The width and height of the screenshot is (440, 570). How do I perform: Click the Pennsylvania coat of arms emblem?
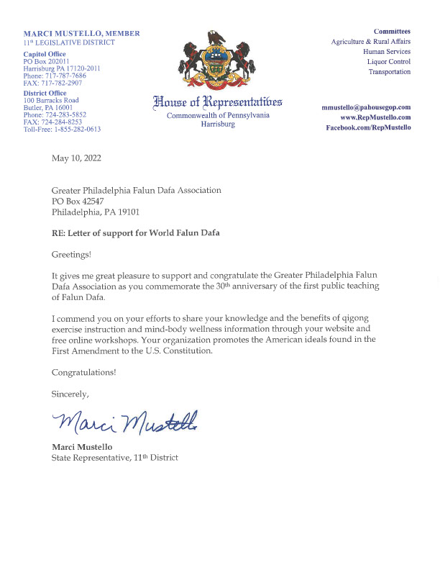[217, 60]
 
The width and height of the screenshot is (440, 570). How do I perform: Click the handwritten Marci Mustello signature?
[124, 424]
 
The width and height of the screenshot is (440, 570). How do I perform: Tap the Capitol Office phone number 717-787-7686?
[55, 76]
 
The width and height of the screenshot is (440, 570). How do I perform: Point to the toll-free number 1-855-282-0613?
[62, 130]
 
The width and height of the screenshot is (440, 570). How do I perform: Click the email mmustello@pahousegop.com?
[366, 107]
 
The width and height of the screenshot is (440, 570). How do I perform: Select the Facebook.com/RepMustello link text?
[368, 127]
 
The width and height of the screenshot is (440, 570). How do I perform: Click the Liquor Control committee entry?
[389, 62]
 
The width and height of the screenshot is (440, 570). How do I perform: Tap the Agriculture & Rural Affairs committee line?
[370, 42]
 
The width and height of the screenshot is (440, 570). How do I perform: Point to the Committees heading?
[392, 32]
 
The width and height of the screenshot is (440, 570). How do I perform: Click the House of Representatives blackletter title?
[217, 101]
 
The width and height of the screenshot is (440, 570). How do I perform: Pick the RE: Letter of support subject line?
[135, 233]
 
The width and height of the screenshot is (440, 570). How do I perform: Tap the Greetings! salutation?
[72, 255]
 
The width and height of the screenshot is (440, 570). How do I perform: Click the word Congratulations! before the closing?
[83, 372]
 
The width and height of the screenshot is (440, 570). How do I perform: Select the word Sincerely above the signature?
[70, 394]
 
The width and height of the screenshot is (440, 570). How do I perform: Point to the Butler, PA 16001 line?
[51, 107]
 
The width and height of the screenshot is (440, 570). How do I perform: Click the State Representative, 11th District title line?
[114, 458]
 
